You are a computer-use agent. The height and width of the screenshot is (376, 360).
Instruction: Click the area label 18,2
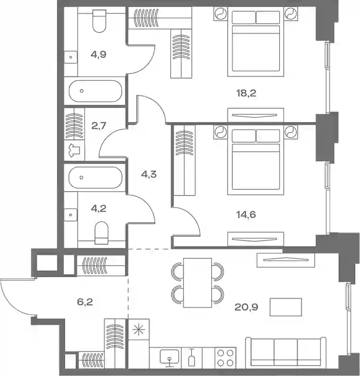point(246,93)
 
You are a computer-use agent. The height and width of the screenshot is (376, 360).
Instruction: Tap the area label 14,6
point(246,214)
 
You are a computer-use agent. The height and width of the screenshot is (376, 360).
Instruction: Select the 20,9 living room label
point(246,307)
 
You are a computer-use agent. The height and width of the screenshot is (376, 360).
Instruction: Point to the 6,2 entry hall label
point(85,302)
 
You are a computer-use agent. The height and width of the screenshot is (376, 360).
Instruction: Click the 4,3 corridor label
point(149,174)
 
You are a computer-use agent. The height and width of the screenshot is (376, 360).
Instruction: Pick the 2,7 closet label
point(99,125)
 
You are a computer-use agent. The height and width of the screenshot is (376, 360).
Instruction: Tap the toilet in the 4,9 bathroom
point(99,21)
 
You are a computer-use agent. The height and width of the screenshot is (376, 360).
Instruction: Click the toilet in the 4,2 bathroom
point(101,233)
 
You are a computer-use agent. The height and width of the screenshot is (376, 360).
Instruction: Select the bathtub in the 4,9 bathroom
point(95,91)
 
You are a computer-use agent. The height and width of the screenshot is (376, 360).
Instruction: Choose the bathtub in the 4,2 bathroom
point(95,178)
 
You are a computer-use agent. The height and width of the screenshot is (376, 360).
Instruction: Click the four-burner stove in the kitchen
point(225,357)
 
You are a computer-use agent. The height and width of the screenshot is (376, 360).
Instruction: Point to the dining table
point(197,283)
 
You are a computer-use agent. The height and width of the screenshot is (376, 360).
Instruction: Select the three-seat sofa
point(286,352)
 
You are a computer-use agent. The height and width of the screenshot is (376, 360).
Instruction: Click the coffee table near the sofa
point(286,307)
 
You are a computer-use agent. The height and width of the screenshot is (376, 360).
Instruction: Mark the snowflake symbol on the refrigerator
point(139,329)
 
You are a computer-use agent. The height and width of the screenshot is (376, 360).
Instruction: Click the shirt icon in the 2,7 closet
point(74,151)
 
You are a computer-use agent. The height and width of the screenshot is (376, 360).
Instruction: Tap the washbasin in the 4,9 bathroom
point(71,57)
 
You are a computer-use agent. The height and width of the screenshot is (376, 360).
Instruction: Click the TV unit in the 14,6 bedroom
point(256,239)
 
